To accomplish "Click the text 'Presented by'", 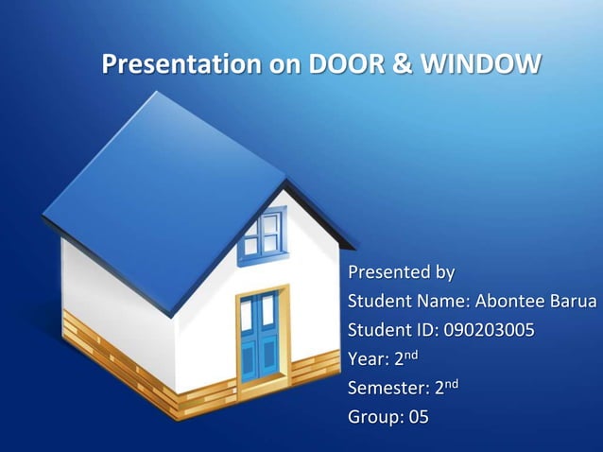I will pos(401,273).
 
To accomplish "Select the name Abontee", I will pos(510,303).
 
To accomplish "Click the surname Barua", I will pos(575,303).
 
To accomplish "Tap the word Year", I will pos(368,359).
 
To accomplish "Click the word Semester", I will pos(387,388).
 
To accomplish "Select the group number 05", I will pos(416,416).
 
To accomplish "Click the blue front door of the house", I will pos(258,337).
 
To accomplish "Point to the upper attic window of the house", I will pos(262,234).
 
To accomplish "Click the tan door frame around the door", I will pos(284,331).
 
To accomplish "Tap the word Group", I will pos(373,416).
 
